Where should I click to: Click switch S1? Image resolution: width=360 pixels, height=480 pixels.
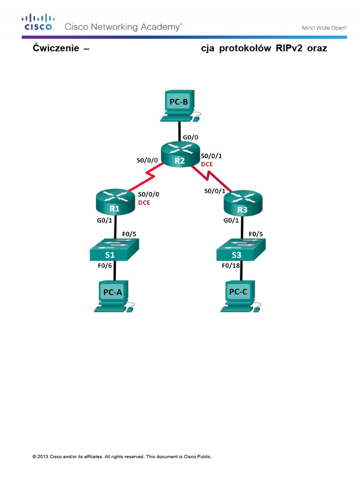coord(114,249)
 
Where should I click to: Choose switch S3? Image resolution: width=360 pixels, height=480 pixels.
coord(241,249)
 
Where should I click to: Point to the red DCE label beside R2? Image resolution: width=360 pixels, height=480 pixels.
coord(207,165)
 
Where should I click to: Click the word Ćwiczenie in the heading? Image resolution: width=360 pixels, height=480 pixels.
coord(54,48)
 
